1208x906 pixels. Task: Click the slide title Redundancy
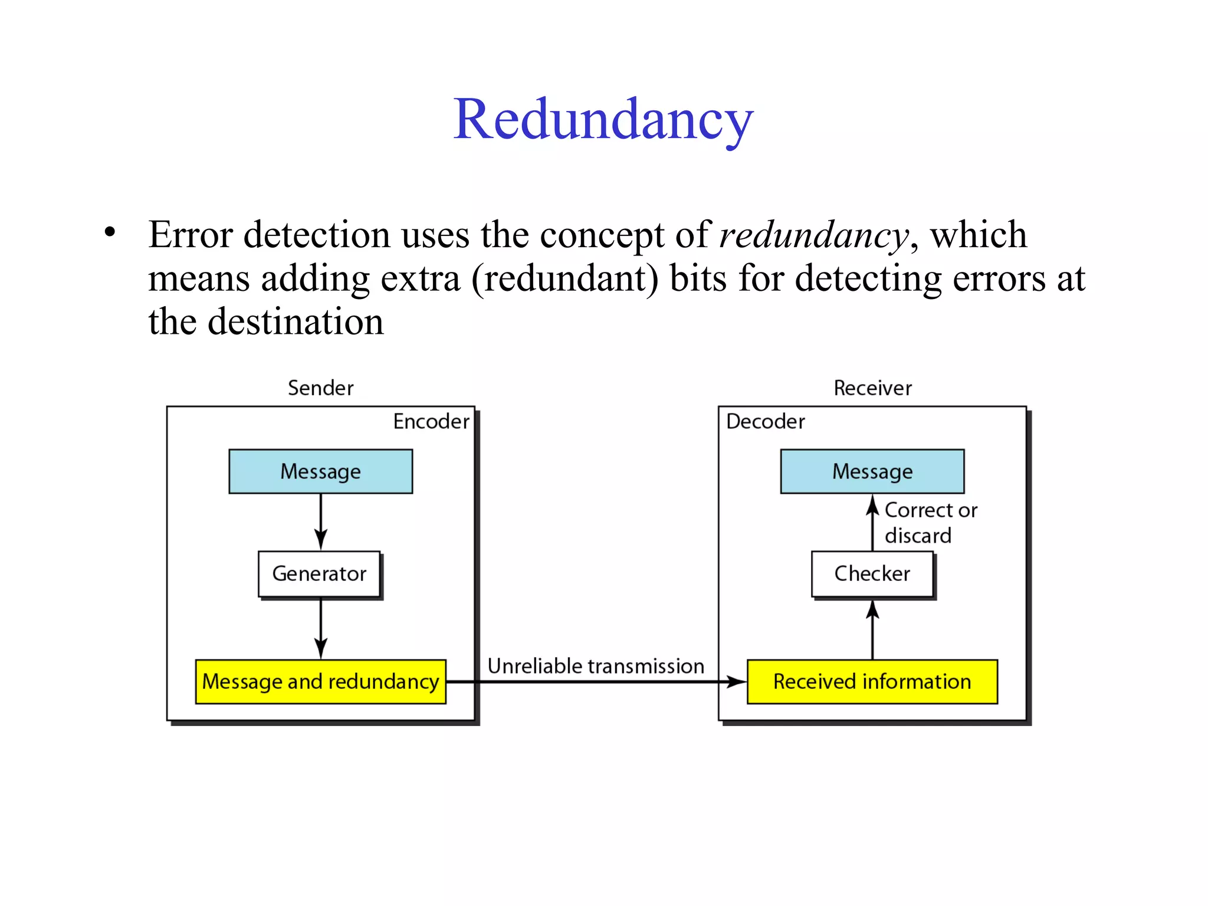point(603,120)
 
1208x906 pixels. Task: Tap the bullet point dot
point(110,232)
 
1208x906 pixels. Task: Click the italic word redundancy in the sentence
point(814,235)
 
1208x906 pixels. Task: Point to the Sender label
point(320,388)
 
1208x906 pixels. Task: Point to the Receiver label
point(872,388)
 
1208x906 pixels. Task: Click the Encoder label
point(431,422)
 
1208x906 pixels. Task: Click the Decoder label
point(765,422)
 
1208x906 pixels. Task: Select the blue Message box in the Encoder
point(320,471)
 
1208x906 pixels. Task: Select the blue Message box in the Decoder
point(872,471)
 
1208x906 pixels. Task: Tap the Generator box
point(319,574)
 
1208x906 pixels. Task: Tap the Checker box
point(872,574)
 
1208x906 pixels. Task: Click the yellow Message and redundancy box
point(320,682)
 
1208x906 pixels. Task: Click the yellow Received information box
point(872,682)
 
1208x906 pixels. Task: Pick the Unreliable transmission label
point(596,666)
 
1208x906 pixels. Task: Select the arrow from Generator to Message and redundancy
point(320,629)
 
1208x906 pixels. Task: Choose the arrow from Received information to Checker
point(872,629)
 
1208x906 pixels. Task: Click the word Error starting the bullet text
point(190,235)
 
